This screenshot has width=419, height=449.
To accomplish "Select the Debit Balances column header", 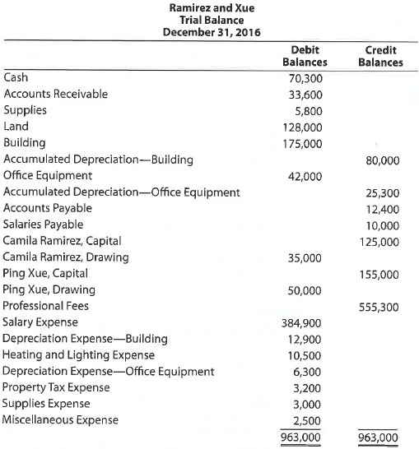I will click(x=305, y=56).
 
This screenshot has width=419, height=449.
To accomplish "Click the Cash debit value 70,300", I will click(x=306, y=78).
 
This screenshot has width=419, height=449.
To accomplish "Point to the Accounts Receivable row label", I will click(x=55, y=94).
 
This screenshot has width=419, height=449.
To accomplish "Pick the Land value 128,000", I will click(x=304, y=127).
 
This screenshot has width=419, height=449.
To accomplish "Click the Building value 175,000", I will click(x=304, y=143).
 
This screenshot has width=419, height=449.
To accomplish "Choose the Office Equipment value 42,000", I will click(x=306, y=176).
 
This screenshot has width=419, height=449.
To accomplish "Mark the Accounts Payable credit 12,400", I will click(x=382, y=209).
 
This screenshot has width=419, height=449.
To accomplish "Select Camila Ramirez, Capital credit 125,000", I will click(x=379, y=241).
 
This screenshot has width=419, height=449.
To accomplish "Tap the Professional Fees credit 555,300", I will click(x=379, y=306).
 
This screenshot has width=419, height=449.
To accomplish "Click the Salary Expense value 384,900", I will click(x=304, y=322).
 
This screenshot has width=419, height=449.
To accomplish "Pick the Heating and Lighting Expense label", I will click(x=79, y=354).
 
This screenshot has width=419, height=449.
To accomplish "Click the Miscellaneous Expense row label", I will click(x=61, y=419).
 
